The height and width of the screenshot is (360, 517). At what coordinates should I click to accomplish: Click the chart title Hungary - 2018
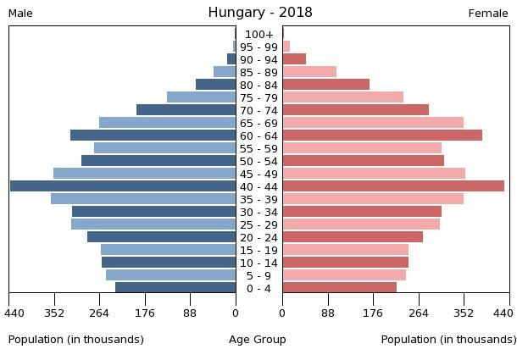[260, 13]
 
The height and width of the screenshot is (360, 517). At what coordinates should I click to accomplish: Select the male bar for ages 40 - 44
[123, 186]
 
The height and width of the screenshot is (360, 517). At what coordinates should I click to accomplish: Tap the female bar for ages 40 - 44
[393, 186]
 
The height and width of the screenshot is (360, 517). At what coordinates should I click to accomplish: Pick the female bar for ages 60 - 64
[382, 136]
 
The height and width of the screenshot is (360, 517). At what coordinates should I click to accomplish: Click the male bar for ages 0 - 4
[175, 288]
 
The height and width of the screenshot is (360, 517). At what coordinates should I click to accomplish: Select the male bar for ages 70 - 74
[186, 110]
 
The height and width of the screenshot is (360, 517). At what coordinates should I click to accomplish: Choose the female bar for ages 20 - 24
[353, 237]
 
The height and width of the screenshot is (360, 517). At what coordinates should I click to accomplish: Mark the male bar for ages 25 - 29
[153, 224]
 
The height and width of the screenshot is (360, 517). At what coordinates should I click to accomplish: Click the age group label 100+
[258, 34]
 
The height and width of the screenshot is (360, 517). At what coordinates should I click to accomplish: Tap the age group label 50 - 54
[258, 161]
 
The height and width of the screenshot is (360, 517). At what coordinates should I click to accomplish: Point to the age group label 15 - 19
[258, 250]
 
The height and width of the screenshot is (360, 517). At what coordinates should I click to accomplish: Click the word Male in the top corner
[20, 14]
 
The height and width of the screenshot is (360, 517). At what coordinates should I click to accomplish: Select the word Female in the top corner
[488, 14]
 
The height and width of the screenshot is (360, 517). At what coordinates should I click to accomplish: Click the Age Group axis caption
[258, 340]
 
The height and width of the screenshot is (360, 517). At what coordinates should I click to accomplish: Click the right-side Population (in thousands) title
[448, 340]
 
